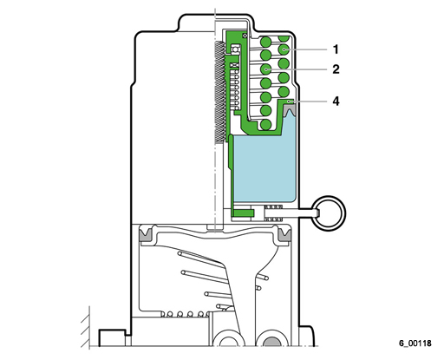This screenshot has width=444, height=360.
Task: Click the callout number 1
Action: pyautogui.click(x=336, y=49)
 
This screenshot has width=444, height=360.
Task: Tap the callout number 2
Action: pyautogui.click(x=336, y=69)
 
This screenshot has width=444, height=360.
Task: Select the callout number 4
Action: pyautogui.click(x=336, y=101)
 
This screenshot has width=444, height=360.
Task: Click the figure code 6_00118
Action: pyautogui.click(x=415, y=344)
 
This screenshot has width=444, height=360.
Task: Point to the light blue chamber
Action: pyautogui.click(x=264, y=167)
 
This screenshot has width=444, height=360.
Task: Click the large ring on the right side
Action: pyautogui.click(x=330, y=213)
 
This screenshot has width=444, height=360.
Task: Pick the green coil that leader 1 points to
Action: pyautogui.click(x=284, y=49)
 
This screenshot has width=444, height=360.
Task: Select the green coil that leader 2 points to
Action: pyautogui.click(x=266, y=69)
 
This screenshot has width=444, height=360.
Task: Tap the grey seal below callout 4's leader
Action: pyautogui.click(x=289, y=110)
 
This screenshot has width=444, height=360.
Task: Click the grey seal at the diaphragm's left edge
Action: pyautogui.click(x=146, y=234)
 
